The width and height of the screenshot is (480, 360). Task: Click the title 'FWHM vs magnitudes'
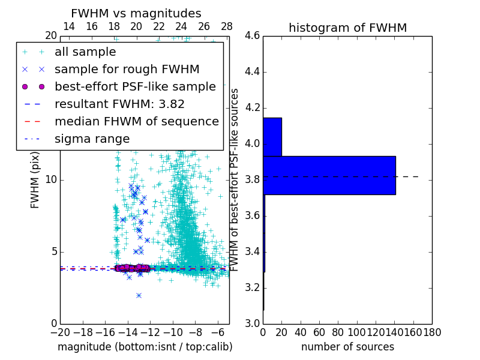click(x=136, y=13)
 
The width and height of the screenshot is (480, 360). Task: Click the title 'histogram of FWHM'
click(x=347, y=28)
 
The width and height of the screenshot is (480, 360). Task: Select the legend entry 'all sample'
click(x=85, y=52)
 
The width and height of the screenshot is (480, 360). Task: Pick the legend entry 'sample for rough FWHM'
click(x=127, y=70)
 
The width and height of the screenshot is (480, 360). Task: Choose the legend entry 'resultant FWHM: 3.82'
click(x=119, y=104)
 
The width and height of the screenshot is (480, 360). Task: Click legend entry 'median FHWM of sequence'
click(x=136, y=122)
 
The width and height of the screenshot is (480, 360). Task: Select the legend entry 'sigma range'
click(x=92, y=139)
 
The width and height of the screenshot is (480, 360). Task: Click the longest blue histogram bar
click(x=329, y=175)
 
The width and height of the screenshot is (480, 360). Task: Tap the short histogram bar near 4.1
click(x=272, y=137)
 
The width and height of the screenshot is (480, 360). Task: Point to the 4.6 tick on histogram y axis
click(x=252, y=36)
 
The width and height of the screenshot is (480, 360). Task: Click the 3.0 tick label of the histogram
click(x=252, y=323)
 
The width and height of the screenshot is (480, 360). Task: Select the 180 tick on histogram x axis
click(x=432, y=332)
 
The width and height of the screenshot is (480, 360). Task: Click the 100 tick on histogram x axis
click(x=357, y=332)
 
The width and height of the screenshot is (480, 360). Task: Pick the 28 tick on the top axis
click(x=227, y=27)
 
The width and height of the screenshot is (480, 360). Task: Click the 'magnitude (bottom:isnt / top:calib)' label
click(x=145, y=347)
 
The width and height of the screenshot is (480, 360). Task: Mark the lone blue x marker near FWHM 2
click(x=139, y=295)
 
